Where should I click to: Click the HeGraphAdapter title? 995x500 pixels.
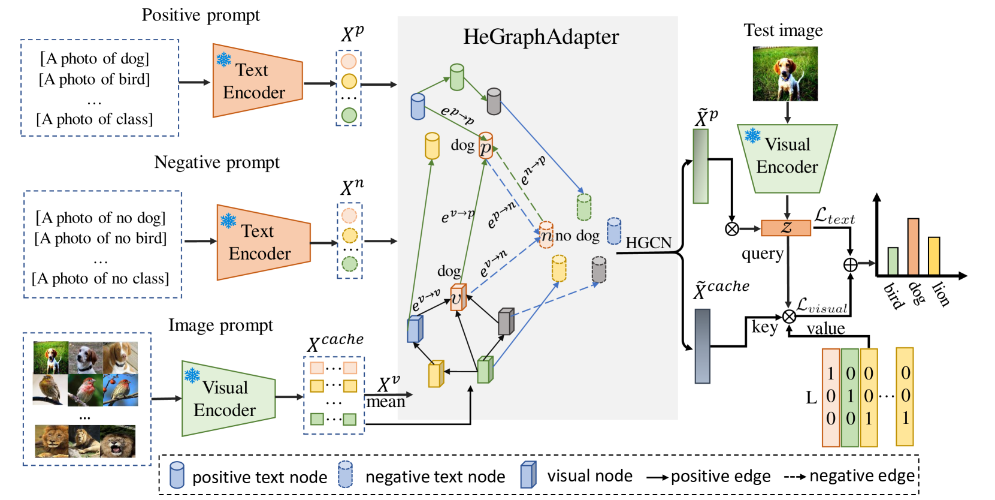[540, 37]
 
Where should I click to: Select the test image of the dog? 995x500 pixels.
[785, 73]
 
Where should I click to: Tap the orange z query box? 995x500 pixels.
[786, 228]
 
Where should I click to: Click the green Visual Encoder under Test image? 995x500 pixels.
[787, 157]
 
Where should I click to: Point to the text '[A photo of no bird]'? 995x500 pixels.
[101, 239]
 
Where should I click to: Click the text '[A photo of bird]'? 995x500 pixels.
[95, 79]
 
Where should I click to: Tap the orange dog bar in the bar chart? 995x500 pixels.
[913, 247]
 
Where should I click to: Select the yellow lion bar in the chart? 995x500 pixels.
[933, 256]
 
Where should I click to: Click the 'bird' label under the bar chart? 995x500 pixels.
[893, 295]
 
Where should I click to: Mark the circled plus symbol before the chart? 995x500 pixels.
[850, 264]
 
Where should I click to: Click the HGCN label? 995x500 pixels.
[649, 243]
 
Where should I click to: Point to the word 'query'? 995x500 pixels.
[762, 254]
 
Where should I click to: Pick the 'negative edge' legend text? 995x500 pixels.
[862, 476]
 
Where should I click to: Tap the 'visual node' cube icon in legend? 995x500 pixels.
[528, 475]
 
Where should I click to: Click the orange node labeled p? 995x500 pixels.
[486, 146]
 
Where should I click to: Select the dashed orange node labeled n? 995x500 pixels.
[546, 235]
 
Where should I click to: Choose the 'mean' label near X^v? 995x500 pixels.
[386, 402]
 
